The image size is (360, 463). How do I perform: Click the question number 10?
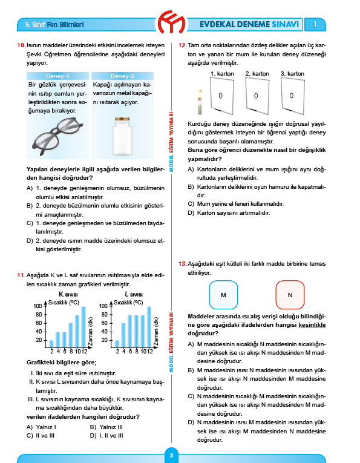21,45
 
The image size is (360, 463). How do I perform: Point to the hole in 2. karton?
257,96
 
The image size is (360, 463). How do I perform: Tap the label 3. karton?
292,73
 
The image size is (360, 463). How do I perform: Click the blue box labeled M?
223,295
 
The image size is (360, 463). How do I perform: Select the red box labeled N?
290,295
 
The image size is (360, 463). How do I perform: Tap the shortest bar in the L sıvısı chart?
117,343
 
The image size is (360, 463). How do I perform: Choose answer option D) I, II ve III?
107,435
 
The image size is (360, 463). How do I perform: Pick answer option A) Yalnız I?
41,426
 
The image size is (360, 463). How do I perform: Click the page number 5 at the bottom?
171,455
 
